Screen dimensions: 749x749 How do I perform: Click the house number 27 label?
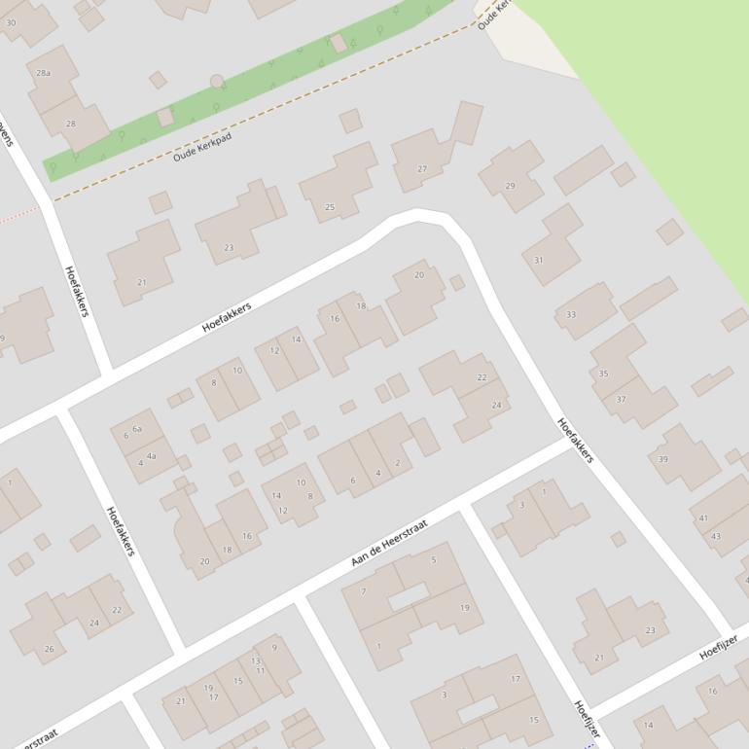click(422, 169)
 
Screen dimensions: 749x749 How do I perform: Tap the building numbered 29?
click(510, 186)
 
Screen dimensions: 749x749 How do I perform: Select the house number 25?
click(330, 207)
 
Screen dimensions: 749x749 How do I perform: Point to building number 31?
click(538, 261)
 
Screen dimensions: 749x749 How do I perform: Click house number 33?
click(571, 315)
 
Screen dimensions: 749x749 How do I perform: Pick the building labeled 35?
click(603, 374)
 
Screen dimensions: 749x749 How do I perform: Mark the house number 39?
click(663, 459)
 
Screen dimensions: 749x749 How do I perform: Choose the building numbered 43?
click(716, 536)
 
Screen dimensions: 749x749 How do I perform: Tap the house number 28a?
click(43, 73)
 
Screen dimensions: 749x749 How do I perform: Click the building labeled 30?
click(11, 21)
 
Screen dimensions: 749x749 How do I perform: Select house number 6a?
click(137, 429)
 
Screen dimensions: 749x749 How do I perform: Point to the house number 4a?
click(151, 455)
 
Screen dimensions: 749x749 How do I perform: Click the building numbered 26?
click(49, 649)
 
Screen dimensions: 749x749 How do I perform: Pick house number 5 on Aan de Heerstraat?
click(434, 559)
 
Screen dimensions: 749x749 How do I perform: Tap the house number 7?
click(364, 591)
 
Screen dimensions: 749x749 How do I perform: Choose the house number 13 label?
click(257, 660)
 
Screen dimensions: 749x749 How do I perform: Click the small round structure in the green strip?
click(217, 82)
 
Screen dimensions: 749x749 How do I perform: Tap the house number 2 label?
click(398, 463)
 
